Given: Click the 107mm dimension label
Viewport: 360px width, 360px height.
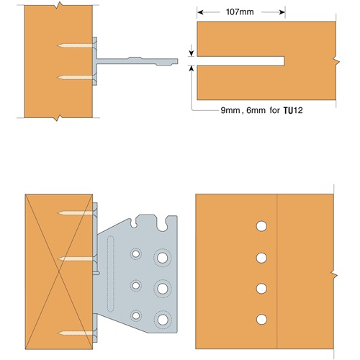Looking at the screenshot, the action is click(x=240, y=12).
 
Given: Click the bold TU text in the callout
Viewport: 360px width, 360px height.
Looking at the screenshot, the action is click(x=288, y=111).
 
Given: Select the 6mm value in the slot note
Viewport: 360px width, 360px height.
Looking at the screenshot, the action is click(x=256, y=110).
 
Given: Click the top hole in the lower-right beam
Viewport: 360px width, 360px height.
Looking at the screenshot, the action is click(x=261, y=226).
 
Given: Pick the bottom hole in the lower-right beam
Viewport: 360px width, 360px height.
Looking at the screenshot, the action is click(x=261, y=320).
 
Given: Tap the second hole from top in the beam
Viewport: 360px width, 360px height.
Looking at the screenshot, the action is click(x=261, y=258).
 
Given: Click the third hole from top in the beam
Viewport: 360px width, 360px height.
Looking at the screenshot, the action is click(x=261, y=289).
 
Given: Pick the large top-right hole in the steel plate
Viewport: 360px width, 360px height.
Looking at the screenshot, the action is click(x=163, y=258).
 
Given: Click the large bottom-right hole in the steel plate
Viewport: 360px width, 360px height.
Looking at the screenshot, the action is click(x=163, y=320).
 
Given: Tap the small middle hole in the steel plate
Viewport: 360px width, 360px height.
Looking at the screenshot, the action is click(x=136, y=286).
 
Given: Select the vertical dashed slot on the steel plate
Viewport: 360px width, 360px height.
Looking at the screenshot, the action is click(x=110, y=274).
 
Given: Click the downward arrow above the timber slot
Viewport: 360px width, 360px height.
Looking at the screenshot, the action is click(x=192, y=50).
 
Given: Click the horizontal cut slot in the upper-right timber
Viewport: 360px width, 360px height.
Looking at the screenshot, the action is click(x=240, y=61).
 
